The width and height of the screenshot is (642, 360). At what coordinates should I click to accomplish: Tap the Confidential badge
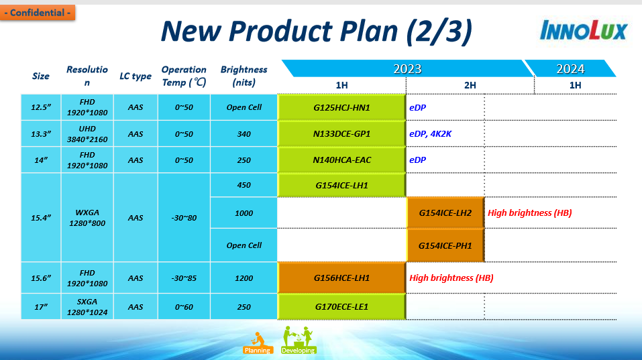(x=38, y=13)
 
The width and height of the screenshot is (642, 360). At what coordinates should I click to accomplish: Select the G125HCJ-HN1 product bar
(x=341, y=107)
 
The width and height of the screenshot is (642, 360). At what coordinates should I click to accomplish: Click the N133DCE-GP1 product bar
(x=341, y=134)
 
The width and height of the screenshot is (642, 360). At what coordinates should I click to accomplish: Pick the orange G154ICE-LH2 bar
(x=445, y=213)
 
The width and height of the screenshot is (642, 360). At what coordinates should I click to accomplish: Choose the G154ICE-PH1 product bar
(x=445, y=245)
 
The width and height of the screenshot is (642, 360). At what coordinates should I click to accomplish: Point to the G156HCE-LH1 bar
(x=341, y=278)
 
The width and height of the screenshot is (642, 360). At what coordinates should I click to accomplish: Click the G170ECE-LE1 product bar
(x=341, y=307)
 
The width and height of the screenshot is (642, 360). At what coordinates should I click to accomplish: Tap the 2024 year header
(x=570, y=69)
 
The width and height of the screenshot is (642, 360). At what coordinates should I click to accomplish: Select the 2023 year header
(x=407, y=69)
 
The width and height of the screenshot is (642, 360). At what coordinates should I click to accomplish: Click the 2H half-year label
(x=470, y=85)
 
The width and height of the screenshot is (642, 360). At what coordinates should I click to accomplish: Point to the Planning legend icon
(x=257, y=341)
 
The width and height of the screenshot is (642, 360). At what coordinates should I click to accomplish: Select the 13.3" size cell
(x=41, y=134)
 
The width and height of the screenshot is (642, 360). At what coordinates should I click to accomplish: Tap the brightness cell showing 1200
(x=244, y=278)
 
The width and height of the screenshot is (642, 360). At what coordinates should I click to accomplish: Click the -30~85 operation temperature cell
(x=184, y=278)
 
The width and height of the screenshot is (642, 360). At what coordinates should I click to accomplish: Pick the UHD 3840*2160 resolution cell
(x=87, y=134)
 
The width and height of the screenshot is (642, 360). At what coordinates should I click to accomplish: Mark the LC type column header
(x=136, y=76)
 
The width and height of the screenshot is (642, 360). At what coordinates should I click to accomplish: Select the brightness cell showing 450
(x=244, y=185)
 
